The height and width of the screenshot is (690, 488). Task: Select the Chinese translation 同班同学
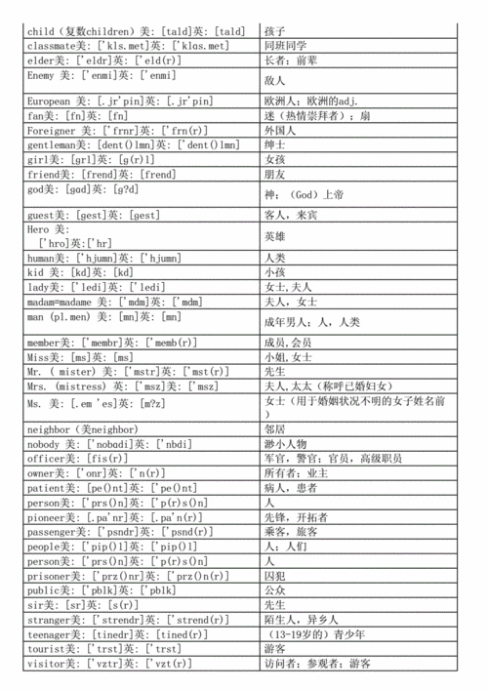tap(289, 45)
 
